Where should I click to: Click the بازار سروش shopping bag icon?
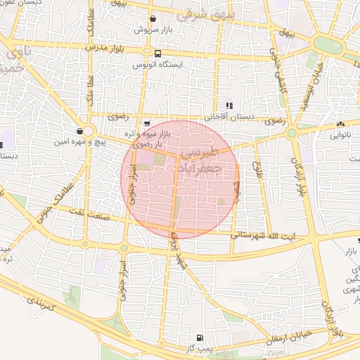point(153,19)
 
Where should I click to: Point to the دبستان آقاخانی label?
point(227,117)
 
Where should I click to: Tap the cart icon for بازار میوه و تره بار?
point(146,123)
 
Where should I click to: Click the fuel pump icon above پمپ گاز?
point(202,338)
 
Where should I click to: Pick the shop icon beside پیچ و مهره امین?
point(80,131)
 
